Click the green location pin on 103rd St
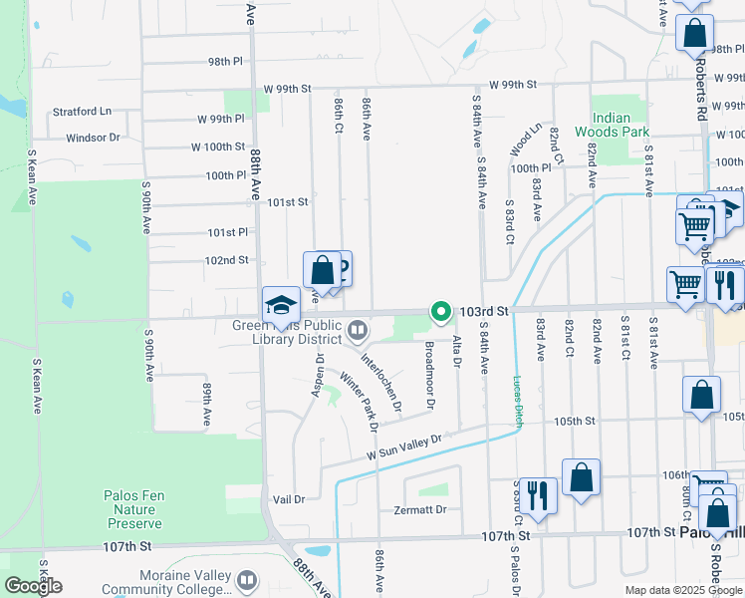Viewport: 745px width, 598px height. pos(440,312)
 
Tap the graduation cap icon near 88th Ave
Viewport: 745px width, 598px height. pos(281,305)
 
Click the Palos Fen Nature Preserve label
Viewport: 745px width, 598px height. pos(132,509)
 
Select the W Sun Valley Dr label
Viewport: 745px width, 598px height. pos(403,447)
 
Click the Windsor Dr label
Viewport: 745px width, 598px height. pos(93,138)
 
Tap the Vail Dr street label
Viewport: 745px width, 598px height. pos(287,498)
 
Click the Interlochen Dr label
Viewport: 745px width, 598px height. pos(380,383)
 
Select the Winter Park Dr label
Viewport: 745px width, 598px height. pos(359,402)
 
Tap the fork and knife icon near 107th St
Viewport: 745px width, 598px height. pos(537,494)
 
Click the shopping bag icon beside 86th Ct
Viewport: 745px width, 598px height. pos(322,269)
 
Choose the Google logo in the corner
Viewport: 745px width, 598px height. pos(33,586)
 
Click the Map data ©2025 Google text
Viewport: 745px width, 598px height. pos(683,590)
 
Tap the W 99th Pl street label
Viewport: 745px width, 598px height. pos(219,119)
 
